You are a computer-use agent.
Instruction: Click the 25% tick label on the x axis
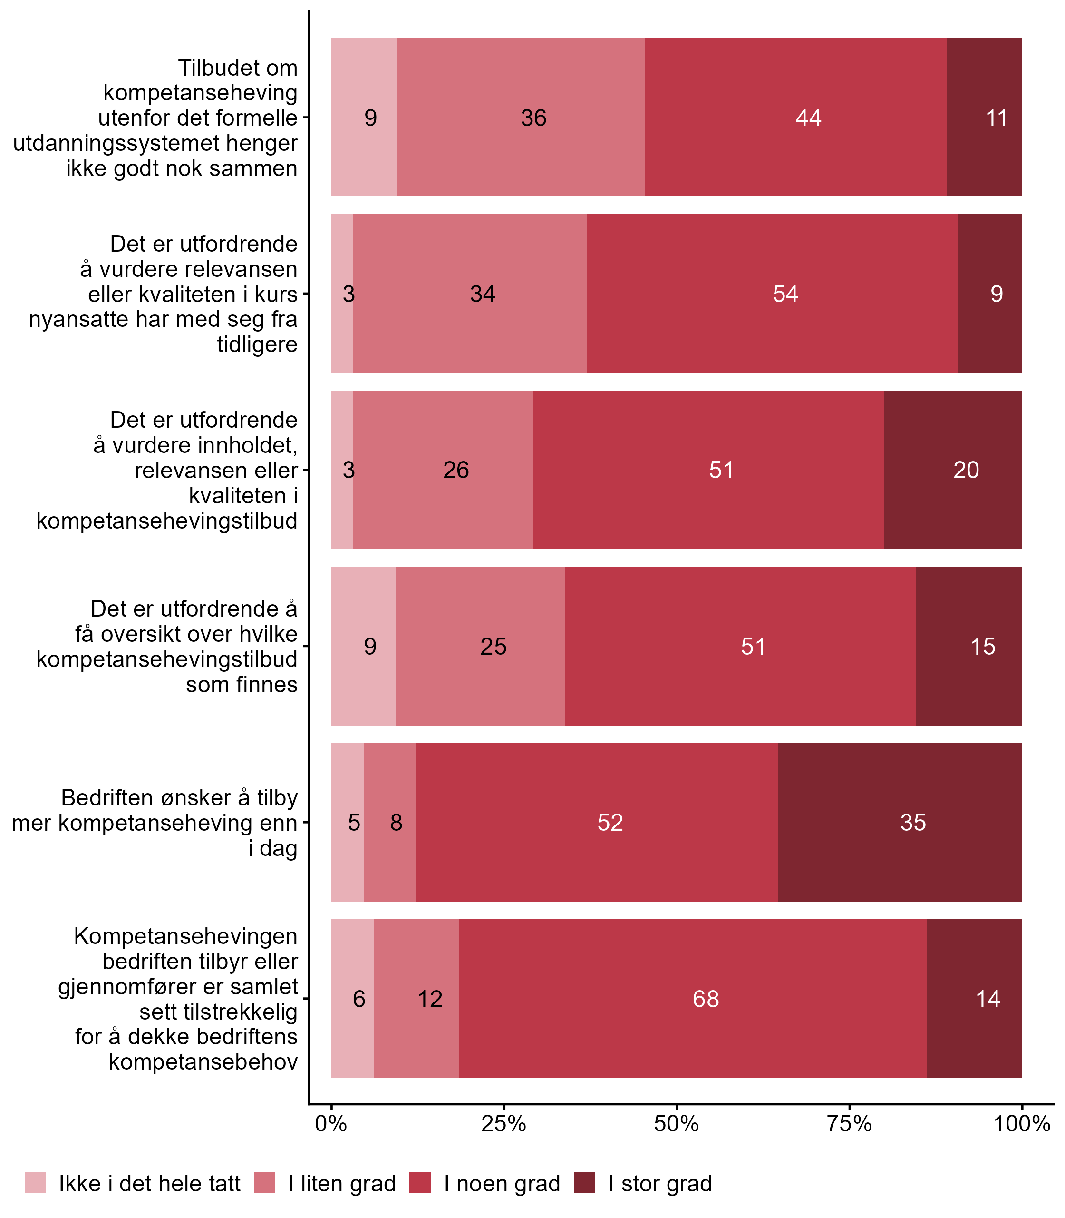point(503,1123)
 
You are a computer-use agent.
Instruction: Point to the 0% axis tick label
point(330,1123)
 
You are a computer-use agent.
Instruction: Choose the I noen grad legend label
point(502,1184)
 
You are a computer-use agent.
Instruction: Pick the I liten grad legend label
point(342,1184)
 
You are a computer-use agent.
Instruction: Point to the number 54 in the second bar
point(785,294)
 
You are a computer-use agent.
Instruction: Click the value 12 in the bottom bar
point(430,999)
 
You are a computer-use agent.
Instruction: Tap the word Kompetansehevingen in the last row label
point(185,936)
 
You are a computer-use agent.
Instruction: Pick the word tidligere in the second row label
point(257,344)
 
